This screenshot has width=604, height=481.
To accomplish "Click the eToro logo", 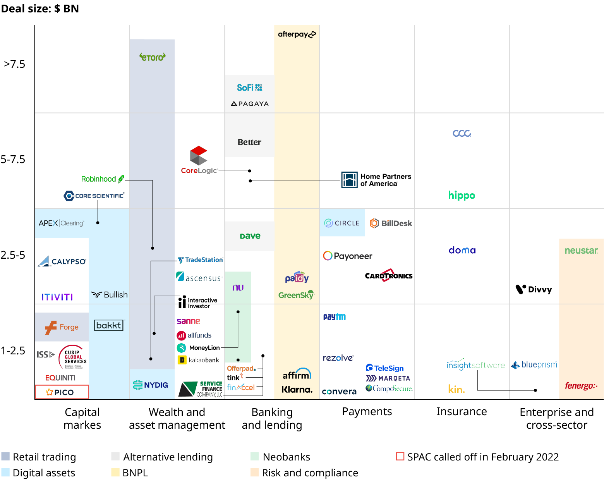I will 153,57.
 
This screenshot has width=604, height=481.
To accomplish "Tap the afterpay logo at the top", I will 297,34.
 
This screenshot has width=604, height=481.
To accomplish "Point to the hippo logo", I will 462,195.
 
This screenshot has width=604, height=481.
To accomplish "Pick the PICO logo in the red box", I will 62,392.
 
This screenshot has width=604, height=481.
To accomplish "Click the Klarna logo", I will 297,389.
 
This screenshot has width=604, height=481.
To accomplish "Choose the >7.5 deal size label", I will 14,64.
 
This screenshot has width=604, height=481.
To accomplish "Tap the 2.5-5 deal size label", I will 13,255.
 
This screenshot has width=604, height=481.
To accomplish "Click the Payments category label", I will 367,411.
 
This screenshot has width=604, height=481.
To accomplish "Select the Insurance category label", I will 462,411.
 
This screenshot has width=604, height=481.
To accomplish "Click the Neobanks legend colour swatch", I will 255,456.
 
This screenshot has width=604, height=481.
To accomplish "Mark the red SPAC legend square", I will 400,456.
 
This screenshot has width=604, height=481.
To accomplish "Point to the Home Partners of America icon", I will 349,180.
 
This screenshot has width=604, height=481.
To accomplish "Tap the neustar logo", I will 581,251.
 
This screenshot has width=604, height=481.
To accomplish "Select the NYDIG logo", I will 151,385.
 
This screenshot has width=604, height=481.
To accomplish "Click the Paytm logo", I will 335,317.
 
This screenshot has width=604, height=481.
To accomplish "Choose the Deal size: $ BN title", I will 40,9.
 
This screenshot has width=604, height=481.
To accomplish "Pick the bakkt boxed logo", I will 109,325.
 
